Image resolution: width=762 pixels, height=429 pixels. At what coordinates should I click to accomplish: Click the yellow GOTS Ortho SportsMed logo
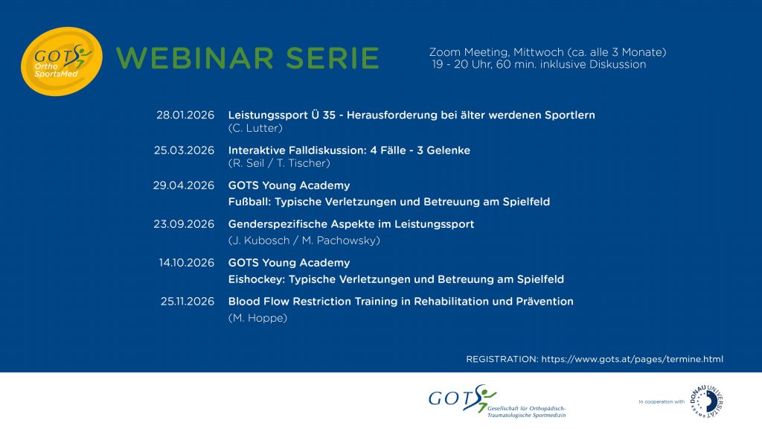click(x=62, y=61)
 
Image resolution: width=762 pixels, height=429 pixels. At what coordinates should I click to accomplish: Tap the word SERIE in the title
click(x=333, y=58)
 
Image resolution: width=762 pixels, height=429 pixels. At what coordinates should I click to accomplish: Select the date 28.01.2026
click(x=185, y=115)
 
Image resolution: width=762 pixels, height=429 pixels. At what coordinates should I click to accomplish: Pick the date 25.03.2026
click(x=185, y=150)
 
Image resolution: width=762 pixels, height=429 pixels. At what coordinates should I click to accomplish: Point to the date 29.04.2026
click(x=184, y=185)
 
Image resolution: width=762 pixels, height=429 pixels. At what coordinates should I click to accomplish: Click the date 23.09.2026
click(x=184, y=224)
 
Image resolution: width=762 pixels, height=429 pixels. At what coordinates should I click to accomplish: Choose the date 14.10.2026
click(x=187, y=263)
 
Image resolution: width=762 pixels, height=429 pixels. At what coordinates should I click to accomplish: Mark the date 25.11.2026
click(x=188, y=302)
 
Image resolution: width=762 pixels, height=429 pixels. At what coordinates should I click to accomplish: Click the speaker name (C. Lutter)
click(x=255, y=128)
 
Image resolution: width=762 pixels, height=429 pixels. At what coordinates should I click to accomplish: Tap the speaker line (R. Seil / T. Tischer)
click(x=279, y=163)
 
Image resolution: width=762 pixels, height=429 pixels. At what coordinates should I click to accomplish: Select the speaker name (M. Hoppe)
click(x=257, y=318)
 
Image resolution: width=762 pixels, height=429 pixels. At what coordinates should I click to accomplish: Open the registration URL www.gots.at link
click(x=633, y=360)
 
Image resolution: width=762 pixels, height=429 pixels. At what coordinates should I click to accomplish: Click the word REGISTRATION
click(x=502, y=360)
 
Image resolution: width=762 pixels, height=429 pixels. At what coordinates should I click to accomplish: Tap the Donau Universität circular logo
click(x=707, y=401)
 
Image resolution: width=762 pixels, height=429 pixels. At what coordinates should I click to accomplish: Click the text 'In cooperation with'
click(x=662, y=401)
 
